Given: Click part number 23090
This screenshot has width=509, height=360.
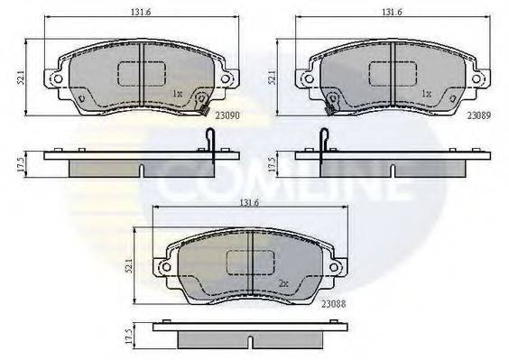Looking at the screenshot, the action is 227,115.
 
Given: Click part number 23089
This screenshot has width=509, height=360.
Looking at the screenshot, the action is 479,115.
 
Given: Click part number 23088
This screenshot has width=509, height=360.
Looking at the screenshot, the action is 334,304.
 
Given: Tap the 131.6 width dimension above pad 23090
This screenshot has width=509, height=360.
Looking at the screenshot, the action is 141,12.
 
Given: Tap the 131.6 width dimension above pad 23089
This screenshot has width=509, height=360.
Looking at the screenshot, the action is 392,12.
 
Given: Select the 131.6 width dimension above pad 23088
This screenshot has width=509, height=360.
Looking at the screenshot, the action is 249,203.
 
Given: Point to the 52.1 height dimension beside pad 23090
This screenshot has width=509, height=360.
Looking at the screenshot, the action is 21,78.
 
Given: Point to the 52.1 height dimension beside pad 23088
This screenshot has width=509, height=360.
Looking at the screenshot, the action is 129,266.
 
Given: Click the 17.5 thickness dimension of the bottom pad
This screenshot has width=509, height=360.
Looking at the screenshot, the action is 129,337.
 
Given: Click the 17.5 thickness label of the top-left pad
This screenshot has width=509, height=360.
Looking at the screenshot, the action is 21,164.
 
